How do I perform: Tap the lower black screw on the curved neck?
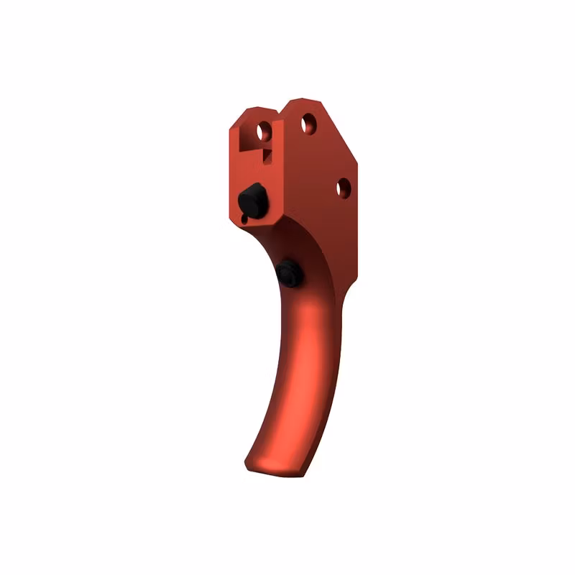coord(286,273)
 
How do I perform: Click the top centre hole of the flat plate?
coord(308,123)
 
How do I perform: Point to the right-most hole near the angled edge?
coord(344,188)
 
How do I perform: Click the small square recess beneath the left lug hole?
coord(267,152)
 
